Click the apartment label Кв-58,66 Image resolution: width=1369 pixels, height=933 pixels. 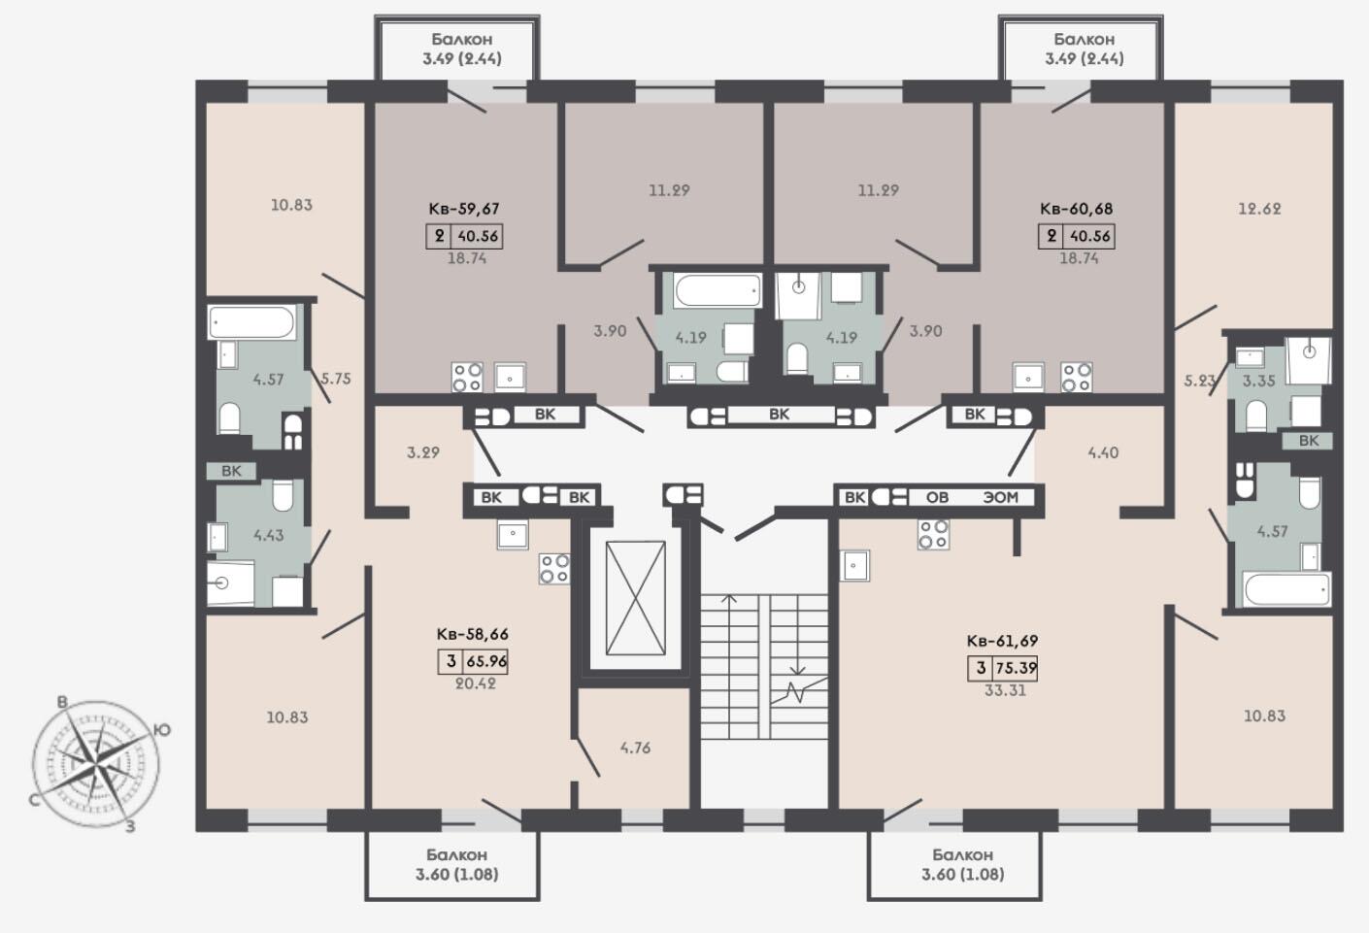point(473,634)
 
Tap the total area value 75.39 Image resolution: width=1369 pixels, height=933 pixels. point(1017,668)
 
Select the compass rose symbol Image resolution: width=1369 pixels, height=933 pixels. point(96,764)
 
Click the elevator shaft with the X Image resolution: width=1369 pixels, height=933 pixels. point(636,597)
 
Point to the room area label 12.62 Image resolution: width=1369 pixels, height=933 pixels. point(1259,209)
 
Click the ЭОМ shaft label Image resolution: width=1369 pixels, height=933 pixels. point(1000,497)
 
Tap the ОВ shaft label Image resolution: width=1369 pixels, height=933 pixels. point(937,497)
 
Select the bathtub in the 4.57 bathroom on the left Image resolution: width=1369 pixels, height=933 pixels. point(251,321)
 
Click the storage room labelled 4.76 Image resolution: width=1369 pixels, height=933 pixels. point(635,748)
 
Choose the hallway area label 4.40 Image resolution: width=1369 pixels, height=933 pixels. point(1103,452)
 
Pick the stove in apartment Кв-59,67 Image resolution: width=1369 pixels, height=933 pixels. point(467,377)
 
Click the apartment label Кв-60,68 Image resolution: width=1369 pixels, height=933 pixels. point(1076,209)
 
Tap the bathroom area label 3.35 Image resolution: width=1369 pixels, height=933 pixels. point(1259,381)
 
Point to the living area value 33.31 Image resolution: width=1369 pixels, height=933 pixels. point(1005,690)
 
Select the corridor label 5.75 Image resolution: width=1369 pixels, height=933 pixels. point(336,379)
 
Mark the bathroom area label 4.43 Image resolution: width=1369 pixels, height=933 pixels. point(268,535)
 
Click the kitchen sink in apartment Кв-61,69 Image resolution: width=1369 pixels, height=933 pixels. point(854,565)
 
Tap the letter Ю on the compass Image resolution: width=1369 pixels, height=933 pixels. point(161,730)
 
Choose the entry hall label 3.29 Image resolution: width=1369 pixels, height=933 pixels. point(423,452)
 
